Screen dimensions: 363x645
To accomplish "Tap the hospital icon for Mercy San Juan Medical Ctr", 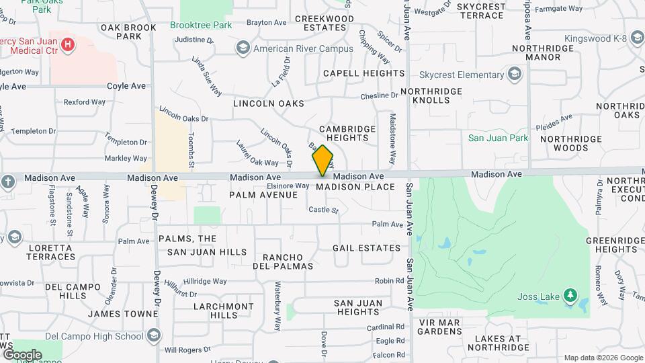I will pyautogui.click(x=67, y=45).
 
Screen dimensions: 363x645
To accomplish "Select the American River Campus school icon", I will pyautogui.click(x=242, y=48).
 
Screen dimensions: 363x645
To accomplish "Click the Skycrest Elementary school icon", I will pyautogui.click(x=515, y=73).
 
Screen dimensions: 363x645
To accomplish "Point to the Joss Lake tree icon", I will pyautogui.click(x=570, y=294).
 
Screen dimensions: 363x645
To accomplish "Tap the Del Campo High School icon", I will pyautogui.click(x=154, y=335).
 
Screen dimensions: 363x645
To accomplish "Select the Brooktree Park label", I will pyautogui.click(x=200, y=25).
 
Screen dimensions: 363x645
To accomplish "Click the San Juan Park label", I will pyautogui.click(x=498, y=138).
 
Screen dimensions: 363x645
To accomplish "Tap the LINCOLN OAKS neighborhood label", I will pyautogui.click(x=269, y=104).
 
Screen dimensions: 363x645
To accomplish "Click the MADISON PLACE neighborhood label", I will pyautogui.click(x=355, y=186).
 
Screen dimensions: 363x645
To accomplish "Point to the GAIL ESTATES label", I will pyautogui.click(x=367, y=248).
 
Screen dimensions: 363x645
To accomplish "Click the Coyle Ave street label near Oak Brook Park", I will pyautogui.click(x=127, y=86).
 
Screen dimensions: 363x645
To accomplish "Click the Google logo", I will pyautogui.click(x=22, y=354).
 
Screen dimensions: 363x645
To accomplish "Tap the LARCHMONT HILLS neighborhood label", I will pyautogui.click(x=214, y=311).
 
